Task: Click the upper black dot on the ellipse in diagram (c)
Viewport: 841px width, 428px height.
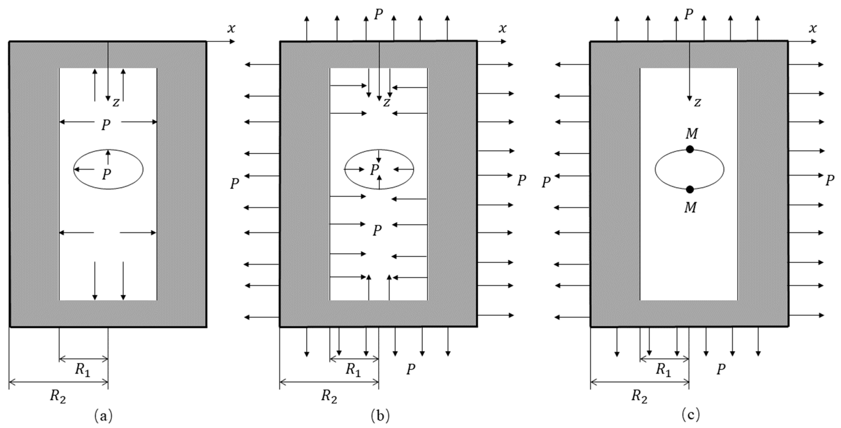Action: point(690,149)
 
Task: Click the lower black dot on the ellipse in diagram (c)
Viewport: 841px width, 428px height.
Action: point(690,189)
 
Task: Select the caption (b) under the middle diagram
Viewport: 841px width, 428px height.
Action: point(380,416)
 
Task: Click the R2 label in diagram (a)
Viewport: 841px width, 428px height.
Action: point(58,397)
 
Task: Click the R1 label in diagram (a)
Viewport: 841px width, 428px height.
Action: point(83,370)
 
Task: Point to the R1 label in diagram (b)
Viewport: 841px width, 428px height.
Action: point(353,370)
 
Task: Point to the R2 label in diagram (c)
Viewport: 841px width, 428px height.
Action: point(639,397)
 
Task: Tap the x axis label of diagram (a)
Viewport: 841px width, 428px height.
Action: point(231,29)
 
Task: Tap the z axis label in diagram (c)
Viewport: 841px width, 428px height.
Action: point(697,103)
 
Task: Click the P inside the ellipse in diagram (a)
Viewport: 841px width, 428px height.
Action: point(106,174)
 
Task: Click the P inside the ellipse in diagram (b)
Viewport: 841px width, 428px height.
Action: point(374,169)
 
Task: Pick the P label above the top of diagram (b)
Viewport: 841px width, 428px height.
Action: point(378,15)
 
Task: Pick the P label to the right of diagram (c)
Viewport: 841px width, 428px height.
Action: point(829,180)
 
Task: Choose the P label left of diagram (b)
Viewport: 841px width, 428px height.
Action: point(234,184)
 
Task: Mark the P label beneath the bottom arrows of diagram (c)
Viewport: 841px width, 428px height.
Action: point(721,369)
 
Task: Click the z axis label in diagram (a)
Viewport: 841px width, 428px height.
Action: point(116,103)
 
